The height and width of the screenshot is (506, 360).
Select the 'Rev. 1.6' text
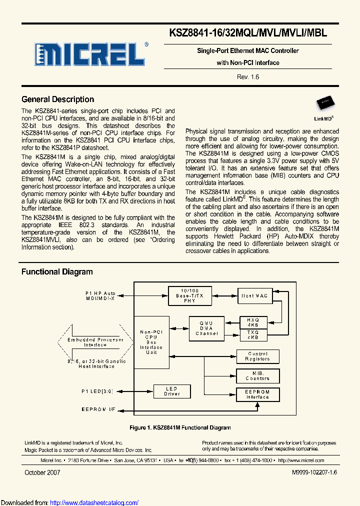pos(248,76)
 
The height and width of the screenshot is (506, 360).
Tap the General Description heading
pos(57,99)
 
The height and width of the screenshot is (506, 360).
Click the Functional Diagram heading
pos(57,272)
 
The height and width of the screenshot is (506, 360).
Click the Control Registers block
pos(257,356)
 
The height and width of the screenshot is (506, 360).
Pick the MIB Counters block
pos(257,375)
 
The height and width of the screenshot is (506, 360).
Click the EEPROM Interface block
pos(257,394)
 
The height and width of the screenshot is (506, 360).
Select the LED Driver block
pos(172,391)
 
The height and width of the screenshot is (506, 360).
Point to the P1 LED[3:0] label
pos(97,391)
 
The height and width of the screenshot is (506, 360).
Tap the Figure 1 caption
pos(180,427)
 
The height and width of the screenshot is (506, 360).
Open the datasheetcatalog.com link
pos(94,502)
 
